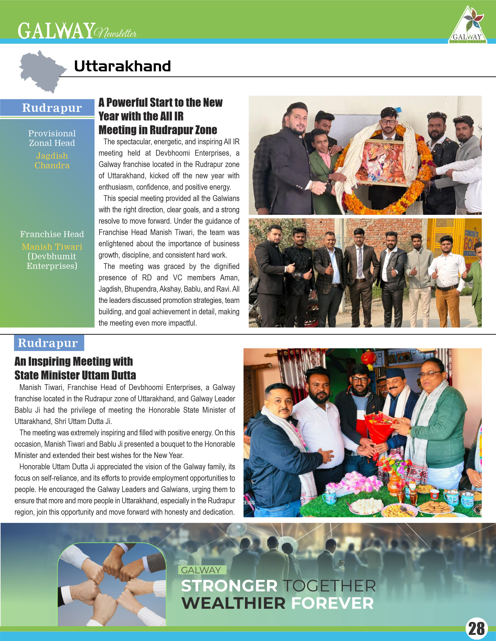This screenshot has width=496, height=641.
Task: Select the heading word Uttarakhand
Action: pos(122,66)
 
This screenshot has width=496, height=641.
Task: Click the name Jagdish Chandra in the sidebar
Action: pos(52,161)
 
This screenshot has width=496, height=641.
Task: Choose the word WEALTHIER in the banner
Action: pos(234,604)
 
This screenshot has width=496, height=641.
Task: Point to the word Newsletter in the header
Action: pos(116,33)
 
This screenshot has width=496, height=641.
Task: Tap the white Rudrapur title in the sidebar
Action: pos(52,108)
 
